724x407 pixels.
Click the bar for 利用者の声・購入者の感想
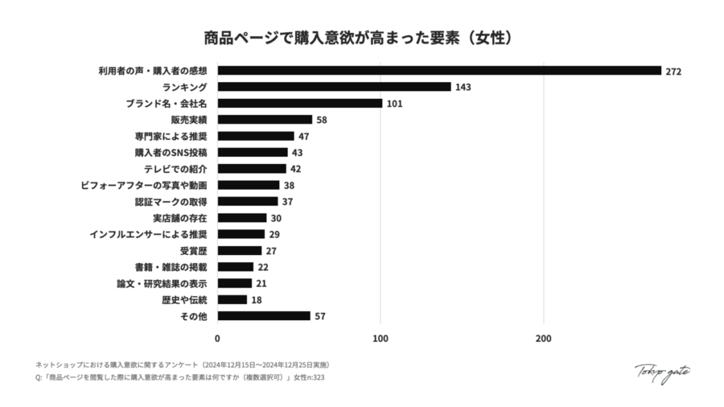coord(438,71)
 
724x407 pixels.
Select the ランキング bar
coord(334,87)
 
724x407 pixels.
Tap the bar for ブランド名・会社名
coord(300,103)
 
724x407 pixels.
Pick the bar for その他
coord(264,316)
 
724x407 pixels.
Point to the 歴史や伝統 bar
coord(233,300)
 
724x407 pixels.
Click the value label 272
coord(673,71)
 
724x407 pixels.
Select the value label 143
coord(463,87)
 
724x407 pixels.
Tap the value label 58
coord(322,120)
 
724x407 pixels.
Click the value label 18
coord(257,300)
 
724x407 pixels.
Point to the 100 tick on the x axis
coord(381,338)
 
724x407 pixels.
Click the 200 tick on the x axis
coord(544,338)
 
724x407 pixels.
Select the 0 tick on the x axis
coord(218,338)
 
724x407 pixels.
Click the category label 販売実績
coord(189,120)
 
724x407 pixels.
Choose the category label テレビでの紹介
coord(175,169)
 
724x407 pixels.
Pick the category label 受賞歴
coord(194,251)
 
